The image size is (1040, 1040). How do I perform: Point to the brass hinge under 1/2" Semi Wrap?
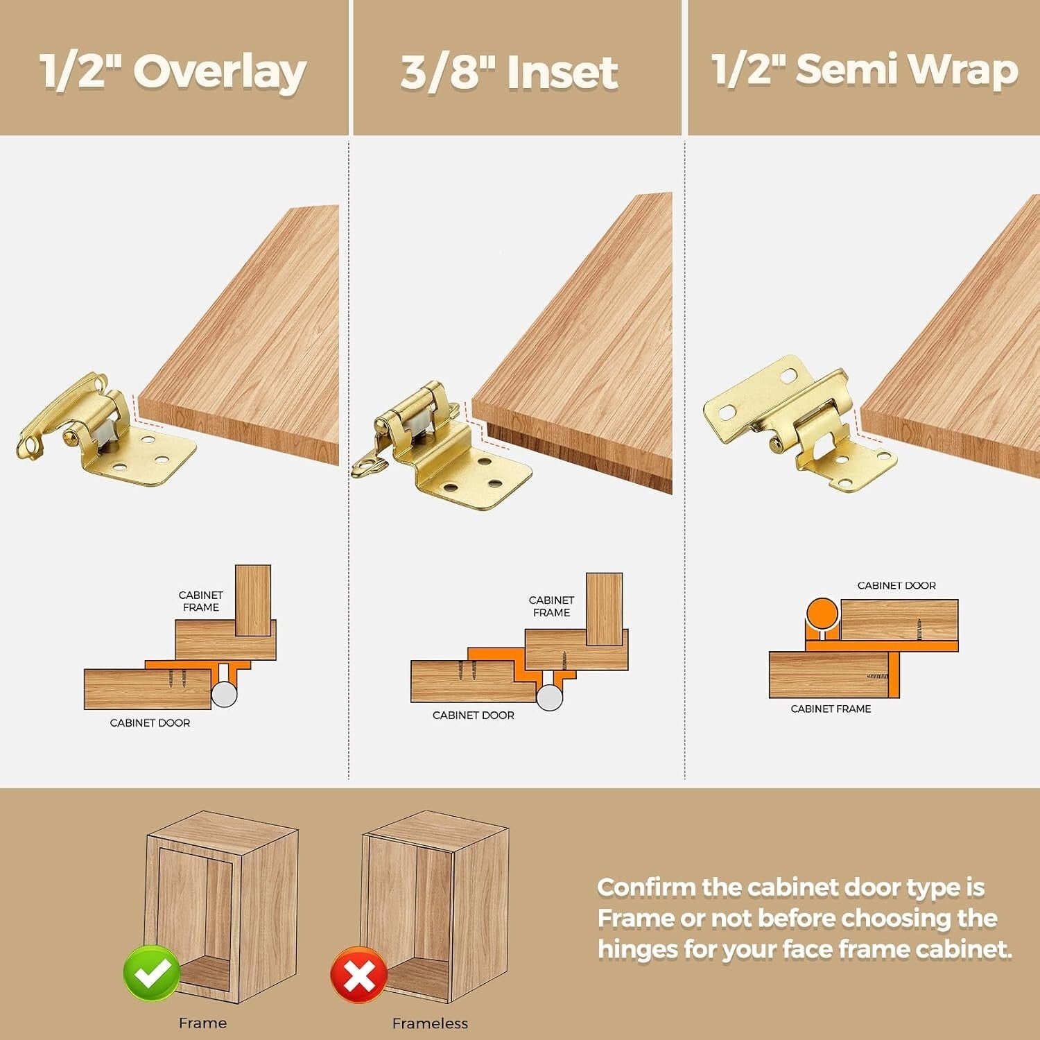pos(797,423)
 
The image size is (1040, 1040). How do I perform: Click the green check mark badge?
pos(152,973)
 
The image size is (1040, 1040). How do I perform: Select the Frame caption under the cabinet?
pos(202,1023)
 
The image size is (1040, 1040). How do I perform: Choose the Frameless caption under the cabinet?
pos(430,1023)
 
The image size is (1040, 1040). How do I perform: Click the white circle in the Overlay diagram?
pos(224,693)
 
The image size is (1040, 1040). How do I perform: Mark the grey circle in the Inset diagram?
pos(550,697)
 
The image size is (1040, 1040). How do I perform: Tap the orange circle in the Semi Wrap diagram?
pos(822,614)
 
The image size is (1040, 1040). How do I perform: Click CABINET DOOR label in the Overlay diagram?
pos(150,723)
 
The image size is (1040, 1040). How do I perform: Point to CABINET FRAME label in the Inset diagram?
pos(551,607)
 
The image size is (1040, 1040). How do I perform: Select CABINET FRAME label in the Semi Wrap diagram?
pos(831,709)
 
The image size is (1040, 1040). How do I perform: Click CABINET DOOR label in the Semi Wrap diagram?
pos(896,586)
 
